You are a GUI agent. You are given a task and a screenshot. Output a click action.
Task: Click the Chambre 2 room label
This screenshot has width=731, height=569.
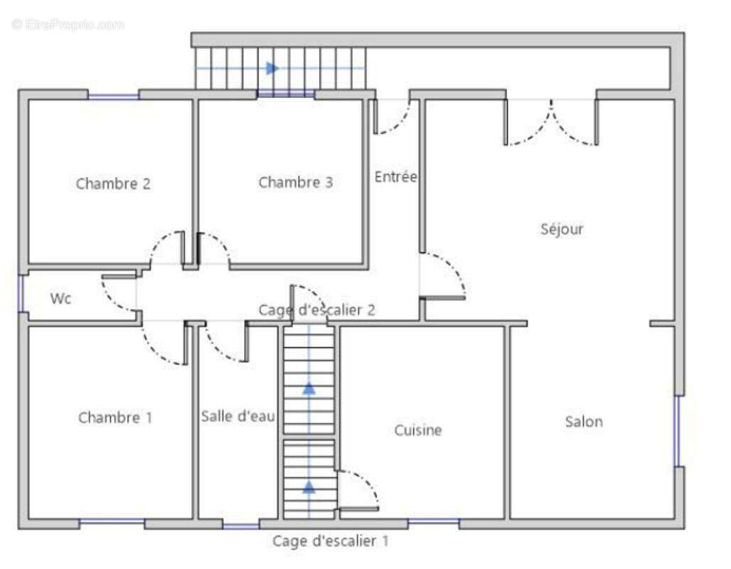click(113, 184)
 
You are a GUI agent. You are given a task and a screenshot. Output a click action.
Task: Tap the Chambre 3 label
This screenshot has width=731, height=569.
click(296, 182)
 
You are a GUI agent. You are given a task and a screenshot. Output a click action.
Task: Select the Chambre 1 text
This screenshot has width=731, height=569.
click(115, 417)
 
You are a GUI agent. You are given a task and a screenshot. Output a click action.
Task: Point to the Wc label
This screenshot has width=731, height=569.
click(60, 298)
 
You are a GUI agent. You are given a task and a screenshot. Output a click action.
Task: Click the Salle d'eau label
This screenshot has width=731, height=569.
click(238, 415)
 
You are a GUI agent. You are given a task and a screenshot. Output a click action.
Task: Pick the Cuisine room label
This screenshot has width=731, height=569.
click(418, 430)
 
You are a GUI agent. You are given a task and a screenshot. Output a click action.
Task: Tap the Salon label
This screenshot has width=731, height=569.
click(584, 422)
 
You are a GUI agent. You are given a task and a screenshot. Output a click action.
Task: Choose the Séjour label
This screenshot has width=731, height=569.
click(562, 228)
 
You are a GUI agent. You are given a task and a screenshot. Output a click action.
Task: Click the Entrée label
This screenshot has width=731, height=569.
click(396, 176)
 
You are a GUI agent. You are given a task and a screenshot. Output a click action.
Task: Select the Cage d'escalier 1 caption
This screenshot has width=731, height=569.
click(331, 541)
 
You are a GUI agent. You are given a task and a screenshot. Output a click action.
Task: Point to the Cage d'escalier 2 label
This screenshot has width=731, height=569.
click(317, 309)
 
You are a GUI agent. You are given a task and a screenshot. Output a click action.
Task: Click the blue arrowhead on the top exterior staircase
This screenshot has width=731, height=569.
click(272, 68)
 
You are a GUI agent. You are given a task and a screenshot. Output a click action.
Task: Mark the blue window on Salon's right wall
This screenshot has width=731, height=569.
click(678, 431)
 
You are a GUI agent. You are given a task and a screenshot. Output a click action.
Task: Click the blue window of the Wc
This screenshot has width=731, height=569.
click(21, 294)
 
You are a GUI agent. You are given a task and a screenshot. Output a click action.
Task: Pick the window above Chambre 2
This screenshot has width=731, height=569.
click(113, 97)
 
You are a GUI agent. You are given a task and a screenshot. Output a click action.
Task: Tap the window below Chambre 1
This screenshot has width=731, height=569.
click(112, 521)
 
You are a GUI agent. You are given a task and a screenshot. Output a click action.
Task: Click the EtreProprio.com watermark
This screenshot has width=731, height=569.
click(68, 24)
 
